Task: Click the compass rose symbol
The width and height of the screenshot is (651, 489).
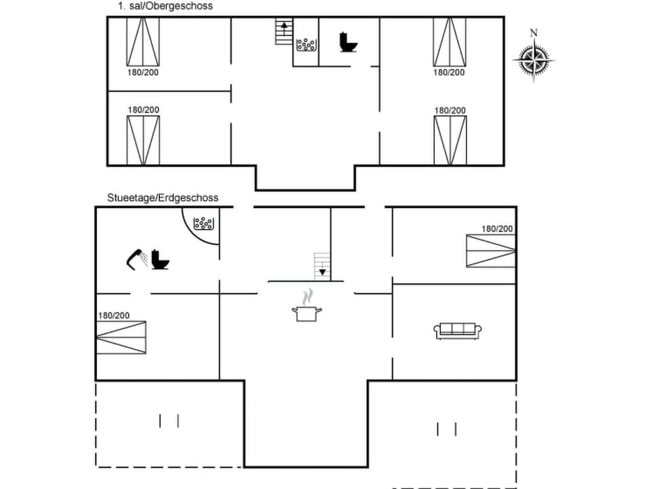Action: pyautogui.click(x=534, y=60)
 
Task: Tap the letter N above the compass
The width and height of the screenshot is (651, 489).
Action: pyautogui.click(x=534, y=33)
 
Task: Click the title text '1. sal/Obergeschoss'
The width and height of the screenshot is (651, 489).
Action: pyautogui.click(x=165, y=6)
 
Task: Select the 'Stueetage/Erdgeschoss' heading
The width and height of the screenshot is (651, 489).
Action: pyautogui.click(x=163, y=198)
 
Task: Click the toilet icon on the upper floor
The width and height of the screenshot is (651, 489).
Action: pyautogui.click(x=349, y=42)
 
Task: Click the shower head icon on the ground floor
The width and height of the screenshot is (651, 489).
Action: pyautogui.click(x=136, y=259)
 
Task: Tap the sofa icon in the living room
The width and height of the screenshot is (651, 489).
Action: pyautogui.click(x=458, y=331)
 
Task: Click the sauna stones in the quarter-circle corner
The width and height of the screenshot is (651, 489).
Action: pyautogui.click(x=203, y=223)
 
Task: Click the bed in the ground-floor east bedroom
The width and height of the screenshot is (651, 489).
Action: pyautogui.click(x=490, y=250)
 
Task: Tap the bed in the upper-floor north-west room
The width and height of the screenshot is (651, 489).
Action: pyautogui.click(x=143, y=42)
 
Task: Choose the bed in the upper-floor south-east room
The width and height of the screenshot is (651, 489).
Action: pyautogui.click(x=450, y=141)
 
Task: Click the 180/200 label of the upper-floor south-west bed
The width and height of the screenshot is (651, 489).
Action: pyautogui.click(x=144, y=109)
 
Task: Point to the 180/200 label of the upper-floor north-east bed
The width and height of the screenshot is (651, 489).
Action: pyautogui.click(x=450, y=72)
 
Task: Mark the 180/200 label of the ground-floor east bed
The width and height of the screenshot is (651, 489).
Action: pyautogui.click(x=498, y=229)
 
